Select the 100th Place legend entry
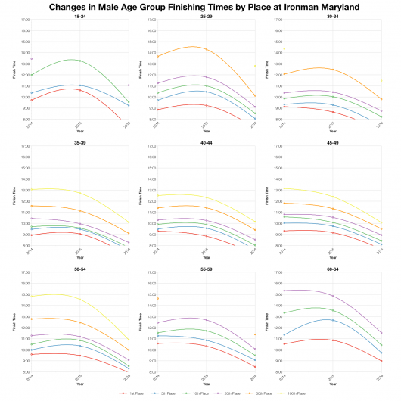tap(297, 393)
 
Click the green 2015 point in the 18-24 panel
tap(79, 60)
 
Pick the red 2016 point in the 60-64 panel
tap(382, 361)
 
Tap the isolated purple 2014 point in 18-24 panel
tap(31, 58)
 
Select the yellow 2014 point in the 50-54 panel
tap(31, 296)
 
